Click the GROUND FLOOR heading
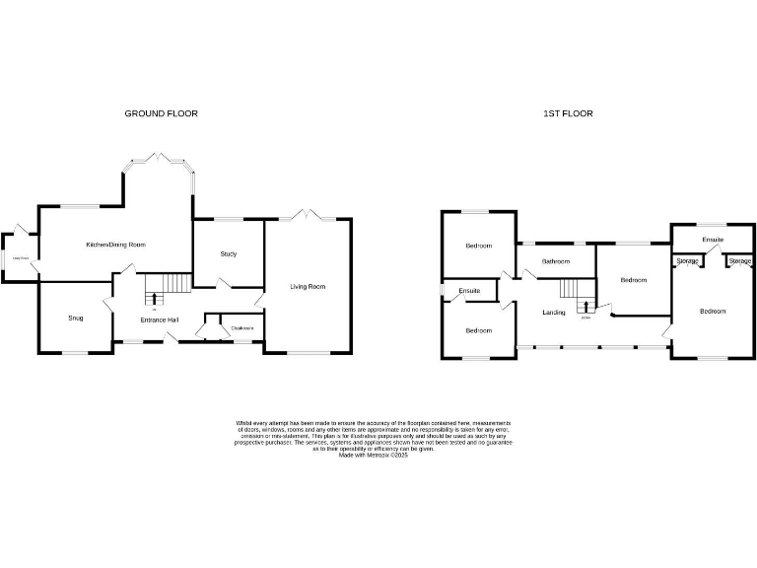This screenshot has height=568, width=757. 161,113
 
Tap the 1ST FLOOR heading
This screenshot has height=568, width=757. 568,113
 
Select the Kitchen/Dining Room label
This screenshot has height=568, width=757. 115,245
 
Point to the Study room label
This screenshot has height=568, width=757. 228,253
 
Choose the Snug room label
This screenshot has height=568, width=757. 76,319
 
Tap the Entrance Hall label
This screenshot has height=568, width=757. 159,320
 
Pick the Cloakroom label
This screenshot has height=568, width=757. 242,328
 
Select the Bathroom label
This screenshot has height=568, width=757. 557,261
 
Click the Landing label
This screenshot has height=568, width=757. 553,313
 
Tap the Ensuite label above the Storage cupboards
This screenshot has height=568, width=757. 713,240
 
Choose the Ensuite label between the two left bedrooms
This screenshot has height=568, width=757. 469,291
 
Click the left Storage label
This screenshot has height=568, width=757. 688,260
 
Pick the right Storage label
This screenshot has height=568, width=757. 739,260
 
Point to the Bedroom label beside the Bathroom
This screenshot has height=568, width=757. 634,280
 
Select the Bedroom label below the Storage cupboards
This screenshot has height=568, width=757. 713,312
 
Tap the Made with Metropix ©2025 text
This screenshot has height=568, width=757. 373,455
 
